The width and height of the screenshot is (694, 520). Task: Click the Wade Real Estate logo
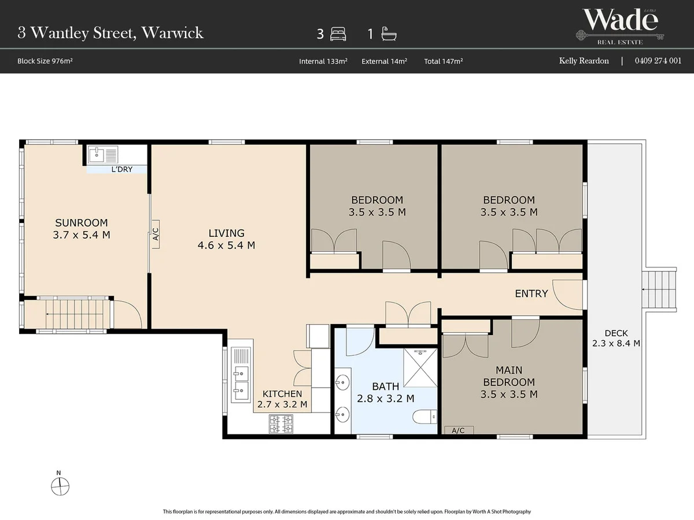pos(620,27)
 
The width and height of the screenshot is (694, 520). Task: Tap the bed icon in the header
pos(338,34)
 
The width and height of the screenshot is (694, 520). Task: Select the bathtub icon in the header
pos(389,34)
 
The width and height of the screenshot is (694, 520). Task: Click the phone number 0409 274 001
pos(658,61)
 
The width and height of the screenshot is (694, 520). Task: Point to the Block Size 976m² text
pos(45,61)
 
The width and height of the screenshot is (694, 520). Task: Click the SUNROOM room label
pos(82,223)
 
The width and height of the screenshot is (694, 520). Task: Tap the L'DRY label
pos(121,169)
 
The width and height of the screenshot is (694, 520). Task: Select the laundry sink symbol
pos(102,155)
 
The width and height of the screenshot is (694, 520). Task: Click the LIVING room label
pos(226,233)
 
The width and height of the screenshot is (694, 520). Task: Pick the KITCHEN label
pos(282,393)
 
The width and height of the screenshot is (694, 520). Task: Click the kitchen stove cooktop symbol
pos(280,424)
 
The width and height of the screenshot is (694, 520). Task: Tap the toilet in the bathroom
pos(424,417)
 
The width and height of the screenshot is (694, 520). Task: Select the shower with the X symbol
pos(420,368)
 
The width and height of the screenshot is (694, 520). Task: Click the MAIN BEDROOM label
pos(509,376)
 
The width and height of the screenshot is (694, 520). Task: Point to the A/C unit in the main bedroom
pos(459,430)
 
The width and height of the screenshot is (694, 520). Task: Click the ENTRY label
pos(531,294)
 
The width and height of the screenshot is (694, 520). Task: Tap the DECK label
pos(617,333)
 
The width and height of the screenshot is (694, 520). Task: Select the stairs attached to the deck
pos(659,289)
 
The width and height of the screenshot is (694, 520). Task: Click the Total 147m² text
pos(443,61)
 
